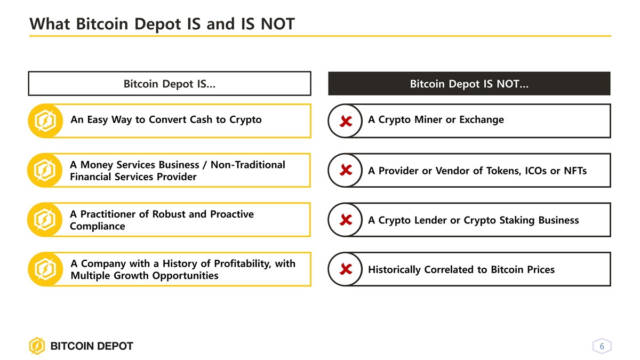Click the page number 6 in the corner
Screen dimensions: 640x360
(x=602, y=346)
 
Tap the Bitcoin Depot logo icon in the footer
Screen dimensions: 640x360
(x=37, y=346)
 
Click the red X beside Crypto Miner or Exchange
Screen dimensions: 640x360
(x=346, y=121)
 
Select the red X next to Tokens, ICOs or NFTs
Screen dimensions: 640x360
(x=346, y=170)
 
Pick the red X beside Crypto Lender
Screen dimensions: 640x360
(x=346, y=220)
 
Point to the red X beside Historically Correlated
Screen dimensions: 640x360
(x=346, y=269)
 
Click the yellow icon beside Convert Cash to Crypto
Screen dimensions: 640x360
(x=45, y=121)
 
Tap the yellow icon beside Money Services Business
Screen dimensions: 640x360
(x=45, y=170)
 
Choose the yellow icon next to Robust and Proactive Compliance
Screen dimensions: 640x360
(x=45, y=220)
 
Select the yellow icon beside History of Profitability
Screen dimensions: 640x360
(x=45, y=269)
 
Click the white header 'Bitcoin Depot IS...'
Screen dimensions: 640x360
(x=170, y=83)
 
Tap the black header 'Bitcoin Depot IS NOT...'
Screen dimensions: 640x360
(x=469, y=83)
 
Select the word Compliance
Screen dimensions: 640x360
(x=98, y=226)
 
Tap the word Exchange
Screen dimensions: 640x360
(x=482, y=119)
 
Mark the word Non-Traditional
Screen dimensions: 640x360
(x=247, y=165)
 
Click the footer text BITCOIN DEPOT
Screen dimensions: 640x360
(x=92, y=346)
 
